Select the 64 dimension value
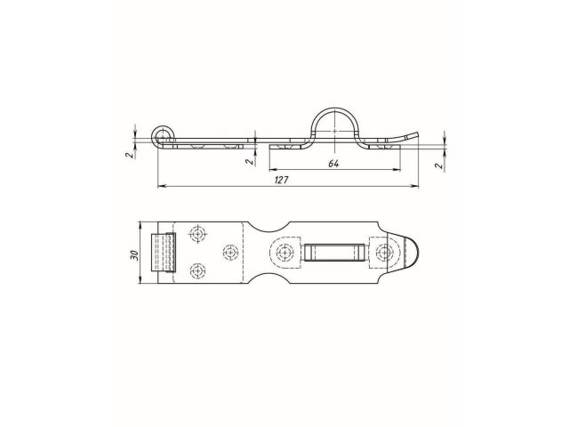click(333, 164)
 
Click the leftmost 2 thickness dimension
click(128, 154)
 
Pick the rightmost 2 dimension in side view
click(438, 165)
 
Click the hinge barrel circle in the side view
click(162, 135)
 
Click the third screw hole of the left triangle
click(230, 251)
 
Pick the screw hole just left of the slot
click(285, 253)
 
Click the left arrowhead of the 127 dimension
click(161, 185)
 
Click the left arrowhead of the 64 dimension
click(271, 169)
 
